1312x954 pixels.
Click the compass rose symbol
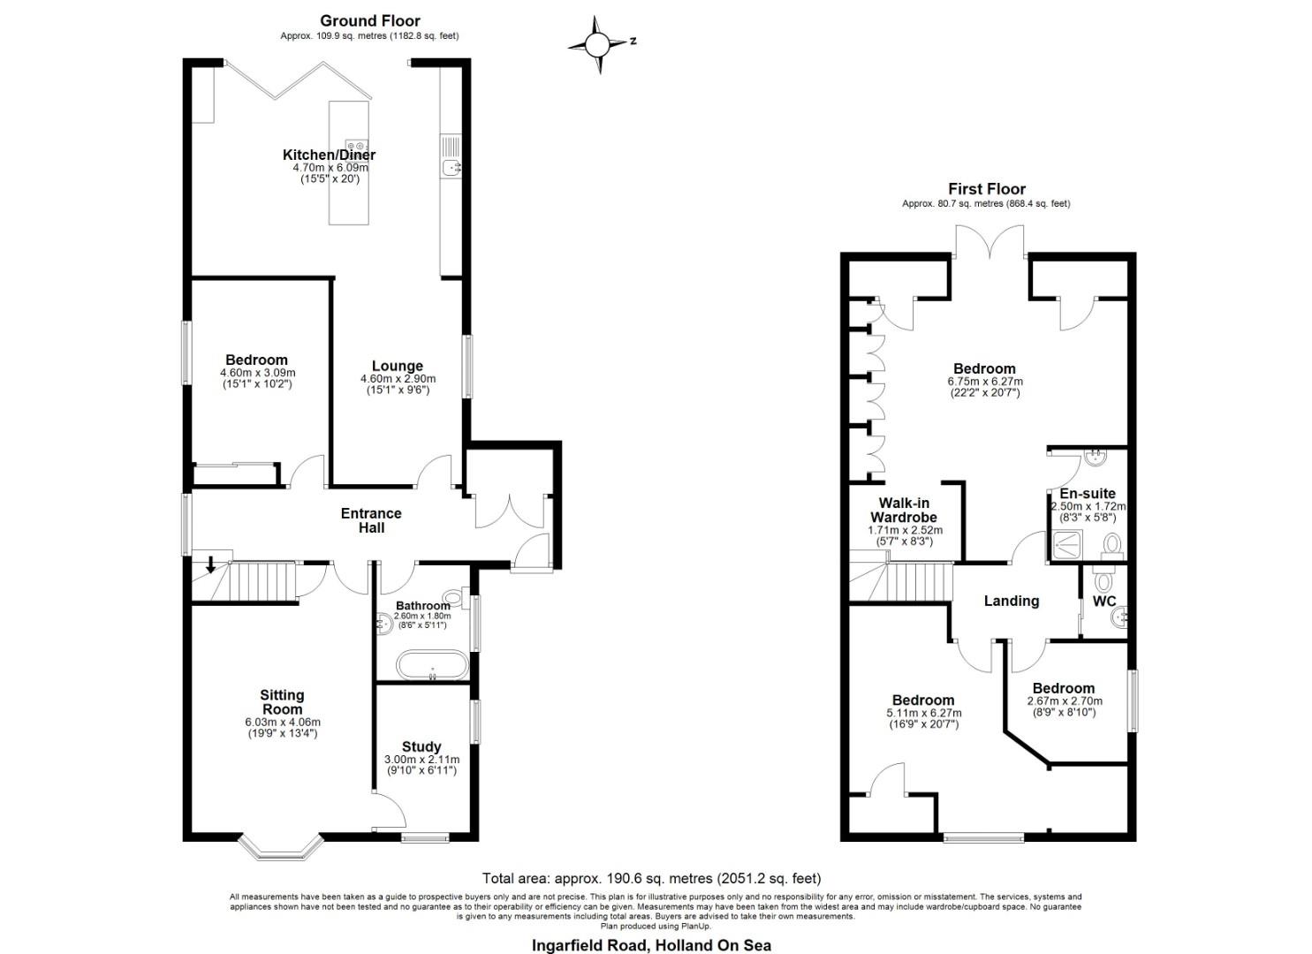(x=598, y=43)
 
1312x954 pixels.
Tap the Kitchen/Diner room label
(x=330, y=155)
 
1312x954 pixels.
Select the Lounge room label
(x=397, y=366)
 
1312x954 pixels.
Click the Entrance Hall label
(x=371, y=520)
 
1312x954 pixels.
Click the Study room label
(x=421, y=746)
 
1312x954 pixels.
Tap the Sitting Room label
(x=282, y=702)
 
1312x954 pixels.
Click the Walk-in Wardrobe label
(x=903, y=510)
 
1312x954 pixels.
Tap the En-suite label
(x=1088, y=494)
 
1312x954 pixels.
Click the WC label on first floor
(x=1104, y=602)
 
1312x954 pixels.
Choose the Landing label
(x=1011, y=601)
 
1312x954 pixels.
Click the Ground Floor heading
(x=369, y=20)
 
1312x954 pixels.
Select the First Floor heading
(x=986, y=189)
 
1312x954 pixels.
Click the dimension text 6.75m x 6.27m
(x=984, y=382)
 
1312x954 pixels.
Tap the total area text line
(x=651, y=878)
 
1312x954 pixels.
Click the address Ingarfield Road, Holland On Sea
(x=651, y=945)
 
